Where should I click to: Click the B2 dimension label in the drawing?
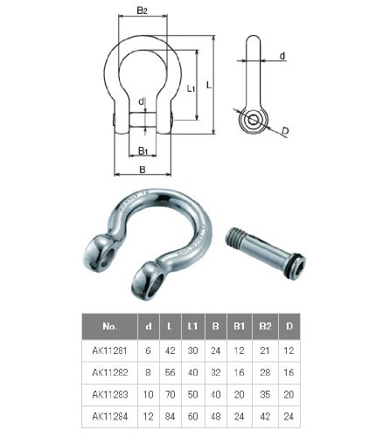[x=143, y=10]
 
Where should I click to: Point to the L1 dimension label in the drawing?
[x=191, y=88]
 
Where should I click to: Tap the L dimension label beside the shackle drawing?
[x=209, y=85]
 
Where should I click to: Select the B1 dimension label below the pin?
[x=143, y=151]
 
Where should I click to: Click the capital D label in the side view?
[x=285, y=131]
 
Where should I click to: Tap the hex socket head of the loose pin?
[x=296, y=267]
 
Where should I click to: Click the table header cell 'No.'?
[x=109, y=326]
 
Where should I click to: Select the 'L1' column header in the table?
[x=192, y=326]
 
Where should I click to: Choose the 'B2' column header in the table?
[x=265, y=326]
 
